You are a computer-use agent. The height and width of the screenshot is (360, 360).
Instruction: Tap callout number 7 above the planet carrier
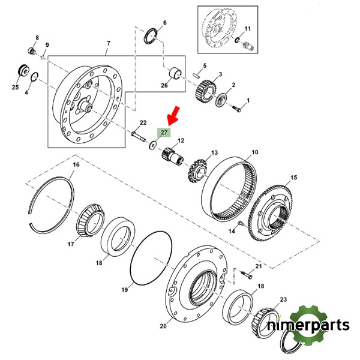tap(108, 43)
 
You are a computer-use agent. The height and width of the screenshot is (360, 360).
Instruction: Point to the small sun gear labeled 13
tap(197, 170)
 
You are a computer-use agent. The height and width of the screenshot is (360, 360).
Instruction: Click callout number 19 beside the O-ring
tap(125, 290)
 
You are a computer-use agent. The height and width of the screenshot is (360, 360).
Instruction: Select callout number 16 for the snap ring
tap(76, 164)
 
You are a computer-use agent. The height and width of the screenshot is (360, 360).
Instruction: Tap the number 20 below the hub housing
tap(163, 327)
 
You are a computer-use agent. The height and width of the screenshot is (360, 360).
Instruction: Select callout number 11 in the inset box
tap(248, 28)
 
